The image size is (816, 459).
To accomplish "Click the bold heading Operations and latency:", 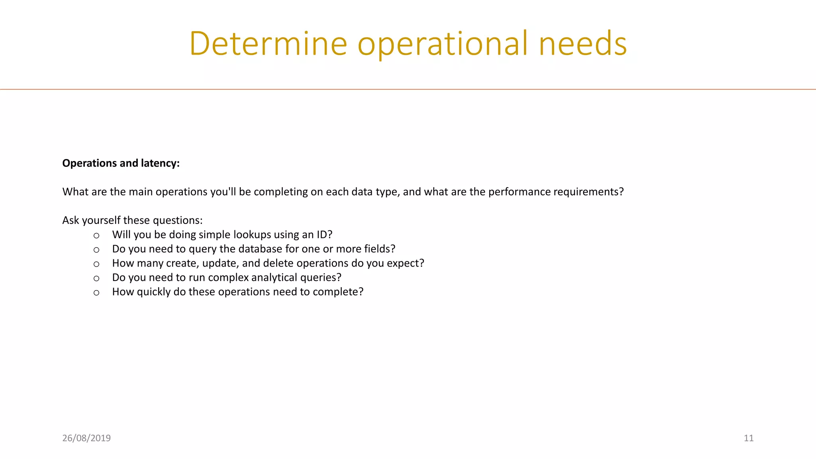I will (121, 163).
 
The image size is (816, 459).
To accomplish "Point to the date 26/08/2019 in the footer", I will (86, 438).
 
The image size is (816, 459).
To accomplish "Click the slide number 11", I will (748, 438).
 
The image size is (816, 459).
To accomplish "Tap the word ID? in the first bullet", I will (324, 235).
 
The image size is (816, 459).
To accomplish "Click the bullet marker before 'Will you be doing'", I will (96, 235).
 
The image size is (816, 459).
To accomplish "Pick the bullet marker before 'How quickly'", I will (96, 293).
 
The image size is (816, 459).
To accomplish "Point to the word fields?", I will (379, 249).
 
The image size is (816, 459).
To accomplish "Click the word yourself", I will (101, 220).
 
